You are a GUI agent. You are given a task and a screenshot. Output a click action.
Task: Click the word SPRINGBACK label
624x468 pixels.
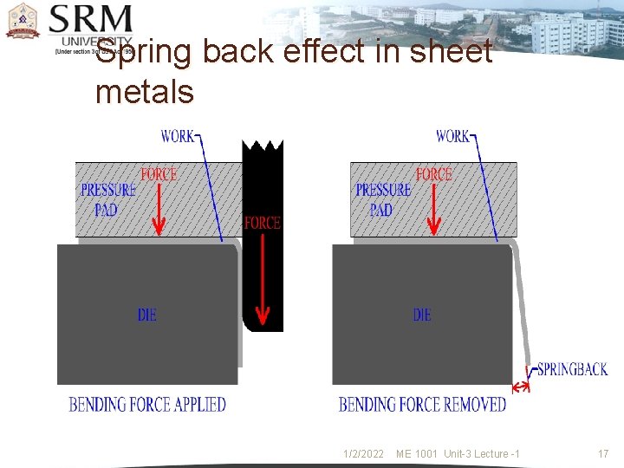pos(572,369)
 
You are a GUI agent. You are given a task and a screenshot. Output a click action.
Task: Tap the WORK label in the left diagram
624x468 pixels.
pos(178,136)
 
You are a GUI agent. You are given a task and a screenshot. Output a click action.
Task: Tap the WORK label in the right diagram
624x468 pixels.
pos(452,136)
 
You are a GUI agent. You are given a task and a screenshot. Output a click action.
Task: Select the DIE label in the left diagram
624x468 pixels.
pos(147,315)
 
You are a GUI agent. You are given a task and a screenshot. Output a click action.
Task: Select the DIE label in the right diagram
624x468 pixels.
pos(422,315)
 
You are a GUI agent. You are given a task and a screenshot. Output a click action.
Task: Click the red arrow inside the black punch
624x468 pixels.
pos(262,277)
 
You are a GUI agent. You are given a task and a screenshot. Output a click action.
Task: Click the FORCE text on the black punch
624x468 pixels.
pos(262,223)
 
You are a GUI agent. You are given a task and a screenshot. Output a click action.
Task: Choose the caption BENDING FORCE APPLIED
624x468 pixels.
pos(147,405)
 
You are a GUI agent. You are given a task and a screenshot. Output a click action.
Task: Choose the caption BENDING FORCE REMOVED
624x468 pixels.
pos(422,405)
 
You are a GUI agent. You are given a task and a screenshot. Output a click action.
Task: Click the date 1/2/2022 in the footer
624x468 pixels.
pos(363,454)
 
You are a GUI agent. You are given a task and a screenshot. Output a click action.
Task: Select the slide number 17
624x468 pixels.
pos(603,454)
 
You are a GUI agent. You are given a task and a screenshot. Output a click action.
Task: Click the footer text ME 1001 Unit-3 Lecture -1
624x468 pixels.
pos(458,454)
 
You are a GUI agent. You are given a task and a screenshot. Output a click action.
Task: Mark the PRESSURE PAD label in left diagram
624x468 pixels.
pos(108,199)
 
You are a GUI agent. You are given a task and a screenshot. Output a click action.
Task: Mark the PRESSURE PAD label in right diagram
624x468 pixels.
pos(383,199)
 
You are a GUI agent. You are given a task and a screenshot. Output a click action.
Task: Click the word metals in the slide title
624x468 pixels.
pos(145,91)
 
